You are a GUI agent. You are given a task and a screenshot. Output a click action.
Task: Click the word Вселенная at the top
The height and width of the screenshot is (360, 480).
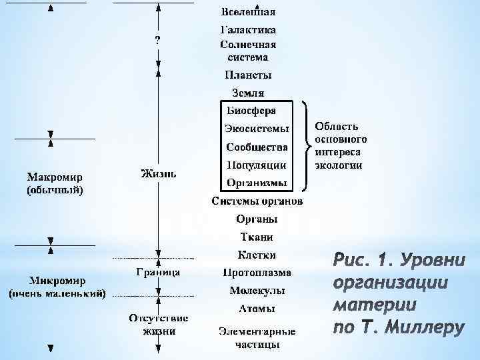point(249,12)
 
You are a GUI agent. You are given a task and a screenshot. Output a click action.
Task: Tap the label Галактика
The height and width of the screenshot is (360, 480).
point(249,30)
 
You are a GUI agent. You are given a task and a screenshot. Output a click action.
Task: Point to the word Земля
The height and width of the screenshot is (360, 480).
point(249,93)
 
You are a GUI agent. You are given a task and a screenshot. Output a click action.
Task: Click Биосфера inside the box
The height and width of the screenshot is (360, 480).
point(251,110)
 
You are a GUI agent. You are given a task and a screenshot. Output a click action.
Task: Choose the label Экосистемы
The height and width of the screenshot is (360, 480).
point(257,128)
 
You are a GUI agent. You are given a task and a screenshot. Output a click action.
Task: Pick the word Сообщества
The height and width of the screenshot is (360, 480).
point(257,147)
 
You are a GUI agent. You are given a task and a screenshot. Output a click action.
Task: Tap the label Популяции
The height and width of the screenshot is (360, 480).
point(257,165)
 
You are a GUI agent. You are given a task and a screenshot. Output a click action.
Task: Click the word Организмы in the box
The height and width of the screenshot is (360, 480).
point(257,182)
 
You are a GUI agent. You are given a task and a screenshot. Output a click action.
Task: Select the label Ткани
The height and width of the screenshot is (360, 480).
point(257,237)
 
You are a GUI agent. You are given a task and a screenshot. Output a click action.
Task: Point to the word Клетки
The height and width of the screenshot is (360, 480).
point(257,255)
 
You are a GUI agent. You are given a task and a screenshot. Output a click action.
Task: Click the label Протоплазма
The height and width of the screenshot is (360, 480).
point(257,273)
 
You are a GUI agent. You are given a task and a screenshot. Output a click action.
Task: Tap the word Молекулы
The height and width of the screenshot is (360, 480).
point(257,291)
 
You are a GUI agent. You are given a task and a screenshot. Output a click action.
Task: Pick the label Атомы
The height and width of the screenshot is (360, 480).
point(257,308)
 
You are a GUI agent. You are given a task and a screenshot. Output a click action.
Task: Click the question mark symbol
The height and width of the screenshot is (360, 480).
point(157,40)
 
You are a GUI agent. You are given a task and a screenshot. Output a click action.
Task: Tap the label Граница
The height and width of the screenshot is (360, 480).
point(157,272)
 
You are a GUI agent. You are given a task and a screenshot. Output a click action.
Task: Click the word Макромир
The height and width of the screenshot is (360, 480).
point(55,178)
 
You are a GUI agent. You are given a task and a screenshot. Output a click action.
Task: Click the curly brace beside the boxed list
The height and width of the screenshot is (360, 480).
point(306,144)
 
